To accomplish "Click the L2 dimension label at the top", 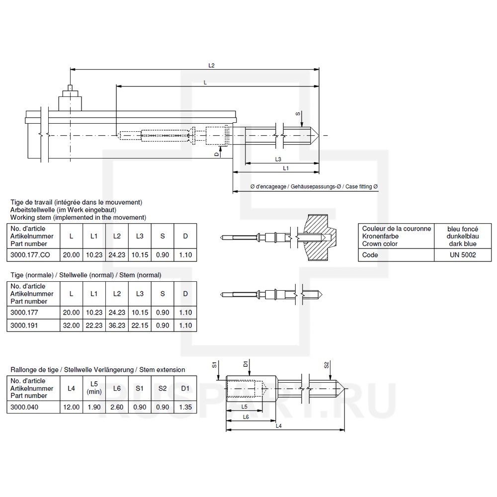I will click(x=212, y=65).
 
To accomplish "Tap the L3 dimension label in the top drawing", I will click(x=278, y=159).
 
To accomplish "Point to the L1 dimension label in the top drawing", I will click(x=286, y=168).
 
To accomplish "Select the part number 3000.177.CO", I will click(x=31, y=255).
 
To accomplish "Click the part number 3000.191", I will click(x=24, y=325).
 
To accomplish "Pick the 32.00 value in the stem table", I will click(x=71, y=325).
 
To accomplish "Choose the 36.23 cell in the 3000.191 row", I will click(x=117, y=325).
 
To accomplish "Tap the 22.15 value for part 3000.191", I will click(x=140, y=325).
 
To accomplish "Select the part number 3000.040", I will click(x=24, y=407).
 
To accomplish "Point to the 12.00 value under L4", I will click(x=71, y=407).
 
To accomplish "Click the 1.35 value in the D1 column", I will click(x=185, y=407).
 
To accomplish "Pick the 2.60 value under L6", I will click(x=117, y=407).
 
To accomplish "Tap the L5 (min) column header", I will click(x=94, y=388).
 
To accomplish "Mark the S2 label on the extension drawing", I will click(x=327, y=365).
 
